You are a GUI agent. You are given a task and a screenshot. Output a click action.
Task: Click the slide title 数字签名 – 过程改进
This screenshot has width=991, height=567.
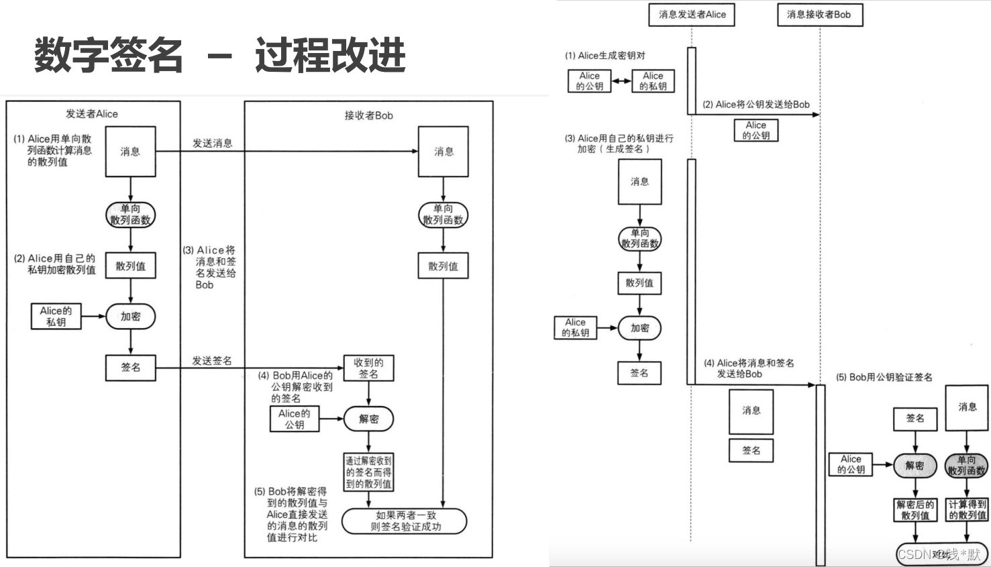click(x=219, y=55)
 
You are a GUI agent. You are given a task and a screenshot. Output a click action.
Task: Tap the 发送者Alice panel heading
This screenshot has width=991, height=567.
click(x=92, y=114)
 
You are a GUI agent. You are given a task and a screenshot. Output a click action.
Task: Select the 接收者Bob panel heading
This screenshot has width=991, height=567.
click(x=368, y=115)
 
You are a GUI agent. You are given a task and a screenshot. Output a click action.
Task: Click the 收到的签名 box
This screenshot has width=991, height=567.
click(x=368, y=368)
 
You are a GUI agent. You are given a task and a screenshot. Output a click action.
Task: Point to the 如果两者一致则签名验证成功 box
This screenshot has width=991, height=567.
click(x=405, y=521)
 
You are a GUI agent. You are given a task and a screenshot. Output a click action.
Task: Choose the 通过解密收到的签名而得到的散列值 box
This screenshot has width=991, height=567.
click(x=368, y=472)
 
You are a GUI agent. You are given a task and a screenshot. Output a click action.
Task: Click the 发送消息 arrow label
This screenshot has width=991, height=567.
click(x=212, y=143)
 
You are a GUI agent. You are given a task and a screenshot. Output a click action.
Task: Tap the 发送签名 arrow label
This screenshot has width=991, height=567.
click(x=212, y=361)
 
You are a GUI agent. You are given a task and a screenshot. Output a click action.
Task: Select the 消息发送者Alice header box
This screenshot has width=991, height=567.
click(x=691, y=15)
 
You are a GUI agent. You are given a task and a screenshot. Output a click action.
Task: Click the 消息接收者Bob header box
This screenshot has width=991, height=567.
click(x=819, y=15)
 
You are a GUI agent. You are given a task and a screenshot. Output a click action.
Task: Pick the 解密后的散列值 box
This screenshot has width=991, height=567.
click(x=915, y=510)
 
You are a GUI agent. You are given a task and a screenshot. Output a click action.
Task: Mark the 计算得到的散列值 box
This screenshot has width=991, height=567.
click(x=967, y=510)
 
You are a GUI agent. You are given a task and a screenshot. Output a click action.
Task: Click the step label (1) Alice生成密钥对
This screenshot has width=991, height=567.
click(x=605, y=56)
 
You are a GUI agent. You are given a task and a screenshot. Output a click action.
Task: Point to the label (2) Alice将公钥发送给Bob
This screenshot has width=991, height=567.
click(x=756, y=105)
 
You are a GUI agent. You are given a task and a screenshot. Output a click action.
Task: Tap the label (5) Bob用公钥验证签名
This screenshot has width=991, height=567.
click(x=884, y=377)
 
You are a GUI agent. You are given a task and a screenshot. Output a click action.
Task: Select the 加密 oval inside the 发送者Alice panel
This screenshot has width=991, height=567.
click(x=131, y=317)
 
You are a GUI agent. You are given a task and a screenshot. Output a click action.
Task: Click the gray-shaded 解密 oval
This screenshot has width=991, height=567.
click(x=915, y=465)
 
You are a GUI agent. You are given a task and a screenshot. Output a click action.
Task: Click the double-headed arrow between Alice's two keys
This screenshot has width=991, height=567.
click(x=621, y=81)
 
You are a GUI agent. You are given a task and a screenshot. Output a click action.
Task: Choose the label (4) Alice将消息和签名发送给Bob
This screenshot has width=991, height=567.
click(x=749, y=368)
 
